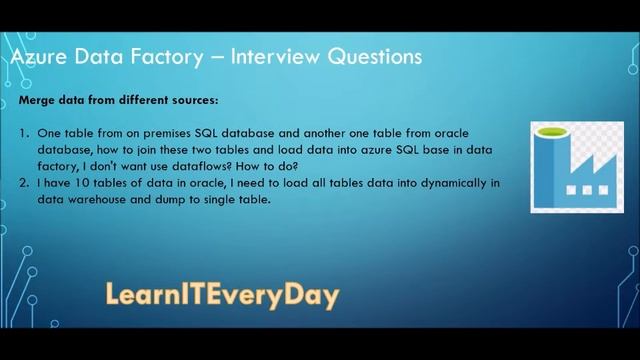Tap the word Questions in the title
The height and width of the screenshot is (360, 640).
[371, 57]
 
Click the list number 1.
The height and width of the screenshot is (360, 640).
[23, 133]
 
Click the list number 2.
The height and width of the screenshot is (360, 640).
[23, 185]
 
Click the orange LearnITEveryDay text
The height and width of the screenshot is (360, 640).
[222, 295]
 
